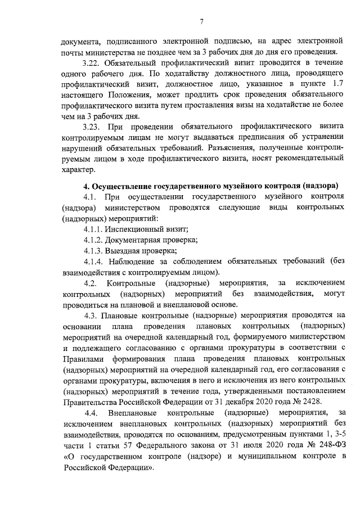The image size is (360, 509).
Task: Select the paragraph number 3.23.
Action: [92, 127]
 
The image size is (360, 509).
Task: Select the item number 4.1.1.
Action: [94, 229]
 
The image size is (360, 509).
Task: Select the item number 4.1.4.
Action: [94, 262]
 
